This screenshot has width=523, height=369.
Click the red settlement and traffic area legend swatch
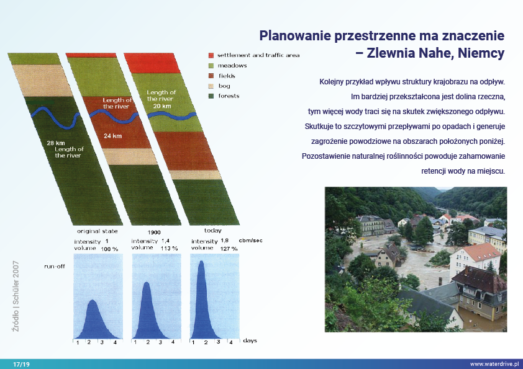coord(211,55)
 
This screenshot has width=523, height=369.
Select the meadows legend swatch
coord(211,66)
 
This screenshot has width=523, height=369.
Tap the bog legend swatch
coord(211,86)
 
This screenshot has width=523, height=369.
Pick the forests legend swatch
coord(211,96)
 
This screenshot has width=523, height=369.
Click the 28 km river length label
coord(56,143)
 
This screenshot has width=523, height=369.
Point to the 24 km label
coord(113,136)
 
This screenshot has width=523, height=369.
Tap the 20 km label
coord(162,106)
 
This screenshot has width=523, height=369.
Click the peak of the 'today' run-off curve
coord(201,262)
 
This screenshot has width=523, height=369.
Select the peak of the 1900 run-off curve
coord(147,283)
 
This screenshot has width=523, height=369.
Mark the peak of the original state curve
coord(93,300)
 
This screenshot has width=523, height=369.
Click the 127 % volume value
coord(229,249)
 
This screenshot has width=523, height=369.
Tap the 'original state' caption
coord(98,231)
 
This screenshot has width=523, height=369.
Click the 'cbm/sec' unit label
coord(250,241)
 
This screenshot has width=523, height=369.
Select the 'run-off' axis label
coord(55,267)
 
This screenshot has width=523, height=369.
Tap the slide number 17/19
coord(21,364)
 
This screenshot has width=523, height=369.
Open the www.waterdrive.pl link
coord(494,364)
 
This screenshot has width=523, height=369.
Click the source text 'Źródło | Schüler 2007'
coord(16,296)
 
